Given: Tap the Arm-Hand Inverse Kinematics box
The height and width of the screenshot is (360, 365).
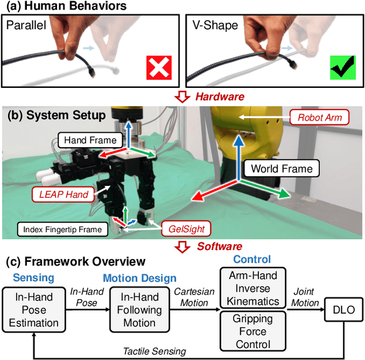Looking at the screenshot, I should coord(252,288).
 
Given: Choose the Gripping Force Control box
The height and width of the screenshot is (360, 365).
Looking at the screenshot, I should coord(252,330).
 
